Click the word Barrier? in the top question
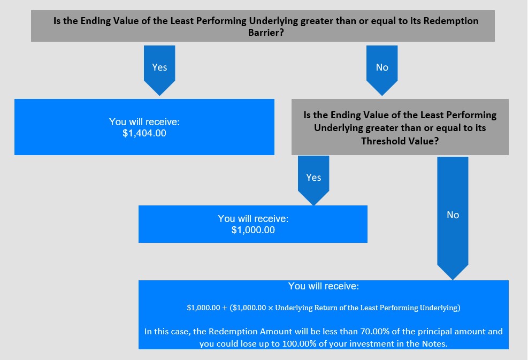tap(266, 33)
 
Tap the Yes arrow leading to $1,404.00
tap(159, 71)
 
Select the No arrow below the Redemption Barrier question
tap(382, 71)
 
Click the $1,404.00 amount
tap(144, 133)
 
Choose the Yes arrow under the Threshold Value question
tap(313, 180)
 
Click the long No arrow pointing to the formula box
tap(453, 218)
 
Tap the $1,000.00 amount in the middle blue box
tap(253, 230)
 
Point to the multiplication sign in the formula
tap(270, 308)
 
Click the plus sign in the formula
tap(225, 308)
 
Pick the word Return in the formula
tap(326, 308)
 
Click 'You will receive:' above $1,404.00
tap(144, 122)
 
